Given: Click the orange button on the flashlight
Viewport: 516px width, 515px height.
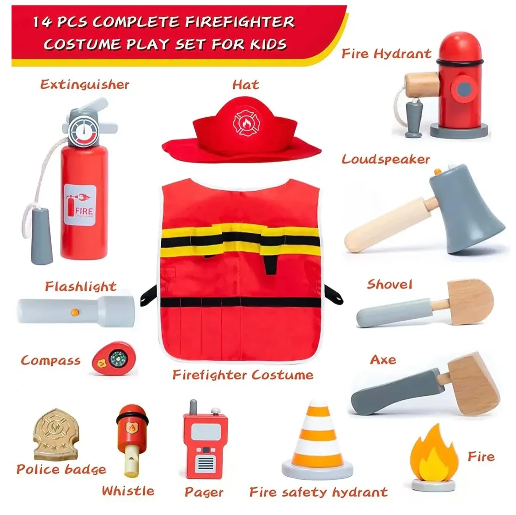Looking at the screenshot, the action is pyautogui.click(x=75, y=312).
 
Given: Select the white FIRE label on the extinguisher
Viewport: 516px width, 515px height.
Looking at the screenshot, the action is pyautogui.click(x=80, y=205).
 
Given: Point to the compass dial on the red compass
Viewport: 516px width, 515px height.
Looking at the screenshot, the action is pyautogui.click(x=117, y=359).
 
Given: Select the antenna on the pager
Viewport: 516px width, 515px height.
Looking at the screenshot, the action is pyautogui.click(x=194, y=407).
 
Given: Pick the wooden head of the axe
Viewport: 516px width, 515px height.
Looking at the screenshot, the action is pyautogui.click(x=472, y=383).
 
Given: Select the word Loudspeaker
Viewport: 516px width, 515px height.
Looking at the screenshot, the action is pyautogui.click(x=386, y=160).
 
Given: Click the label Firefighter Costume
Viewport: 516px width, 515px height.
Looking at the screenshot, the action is pyautogui.click(x=243, y=375).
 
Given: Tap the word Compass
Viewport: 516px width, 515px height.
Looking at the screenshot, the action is pyautogui.click(x=51, y=361).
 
